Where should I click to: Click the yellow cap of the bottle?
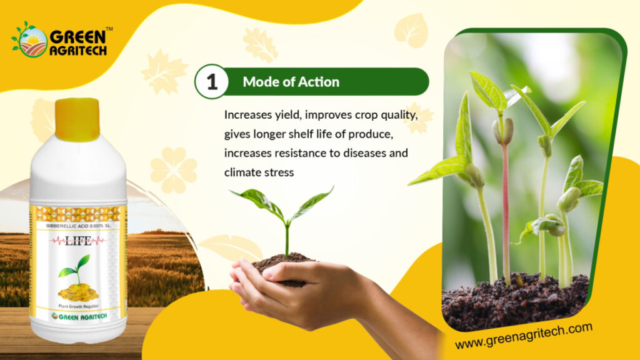pyautogui.click(x=77, y=119)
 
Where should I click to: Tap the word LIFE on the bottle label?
pyautogui.click(x=78, y=241)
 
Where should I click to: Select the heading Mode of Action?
pyautogui.click(x=291, y=82)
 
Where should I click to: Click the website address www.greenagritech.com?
pyautogui.click(x=524, y=336)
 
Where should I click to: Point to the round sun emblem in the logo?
pyautogui.click(x=32, y=42)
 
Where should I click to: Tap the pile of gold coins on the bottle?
pyautogui.click(x=78, y=292)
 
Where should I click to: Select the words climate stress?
pyautogui.click(x=259, y=172)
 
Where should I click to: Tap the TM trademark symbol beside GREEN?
pyautogui.click(x=109, y=29)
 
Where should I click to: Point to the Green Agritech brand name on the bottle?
pyautogui.click(x=79, y=317)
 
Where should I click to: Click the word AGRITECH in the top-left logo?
pyautogui.click(x=78, y=50)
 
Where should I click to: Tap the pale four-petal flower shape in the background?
pyautogui.click(x=174, y=170)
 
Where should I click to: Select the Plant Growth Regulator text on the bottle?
pyautogui.click(x=78, y=306)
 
